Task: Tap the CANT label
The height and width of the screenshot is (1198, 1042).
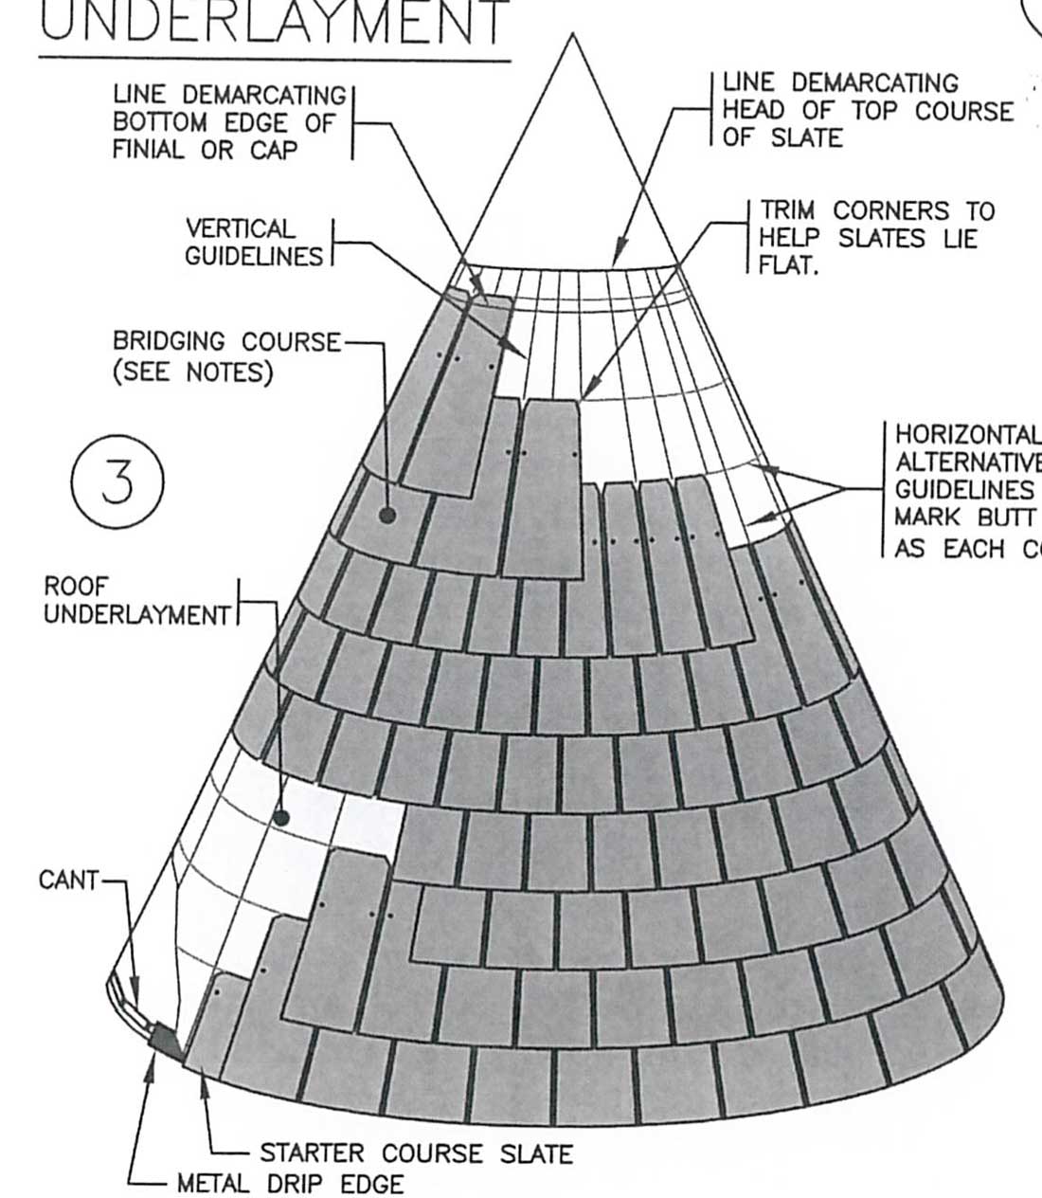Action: pos(68,880)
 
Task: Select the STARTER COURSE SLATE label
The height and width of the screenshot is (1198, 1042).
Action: pos(416,1153)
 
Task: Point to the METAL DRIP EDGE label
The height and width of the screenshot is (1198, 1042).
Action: pos(290,1184)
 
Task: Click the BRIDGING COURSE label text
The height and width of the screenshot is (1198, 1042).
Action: pos(225,341)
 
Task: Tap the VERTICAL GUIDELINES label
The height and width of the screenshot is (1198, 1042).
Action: pos(253,243)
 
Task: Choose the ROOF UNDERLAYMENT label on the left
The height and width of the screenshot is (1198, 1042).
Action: pos(136,600)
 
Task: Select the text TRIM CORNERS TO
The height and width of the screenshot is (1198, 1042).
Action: pos(877,210)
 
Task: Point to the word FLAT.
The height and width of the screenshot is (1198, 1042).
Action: pos(788,265)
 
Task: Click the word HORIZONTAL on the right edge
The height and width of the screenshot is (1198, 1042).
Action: pos(966,435)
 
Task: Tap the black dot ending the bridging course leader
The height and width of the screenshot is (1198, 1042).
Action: pos(386,516)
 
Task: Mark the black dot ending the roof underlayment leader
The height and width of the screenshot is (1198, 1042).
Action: pos(280,817)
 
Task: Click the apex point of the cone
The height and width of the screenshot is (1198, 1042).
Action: pos(571,36)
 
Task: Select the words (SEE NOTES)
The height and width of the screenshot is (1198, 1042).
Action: pos(192,372)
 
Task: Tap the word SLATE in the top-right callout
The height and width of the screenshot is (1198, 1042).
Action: pos(808,137)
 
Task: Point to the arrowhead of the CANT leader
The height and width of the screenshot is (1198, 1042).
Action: pos(139,1007)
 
